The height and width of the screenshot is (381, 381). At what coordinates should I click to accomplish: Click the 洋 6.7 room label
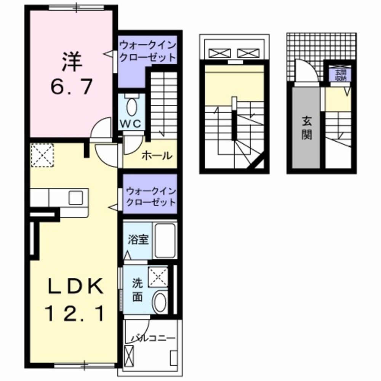point(71,75)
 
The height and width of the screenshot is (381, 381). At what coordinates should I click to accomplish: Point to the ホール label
point(157,155)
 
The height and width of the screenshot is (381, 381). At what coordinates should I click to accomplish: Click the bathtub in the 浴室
point(165,240)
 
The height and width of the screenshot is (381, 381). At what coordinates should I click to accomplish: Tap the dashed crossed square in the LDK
point(42,155)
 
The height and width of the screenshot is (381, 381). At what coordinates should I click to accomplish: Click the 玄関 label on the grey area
point(307,128)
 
